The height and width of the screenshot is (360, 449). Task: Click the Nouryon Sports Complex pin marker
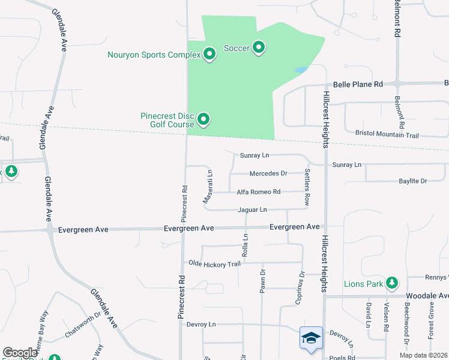pos(209,55)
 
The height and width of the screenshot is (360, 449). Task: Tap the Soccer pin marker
pos(259,47)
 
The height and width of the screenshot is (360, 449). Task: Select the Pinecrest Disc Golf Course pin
pos(203,120)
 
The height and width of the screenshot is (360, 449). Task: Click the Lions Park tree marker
pos(392,282)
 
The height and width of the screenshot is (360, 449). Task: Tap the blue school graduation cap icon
pos(312,338)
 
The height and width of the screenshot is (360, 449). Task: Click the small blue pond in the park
pos(301,70)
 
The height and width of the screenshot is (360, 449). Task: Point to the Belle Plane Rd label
pos(358,85)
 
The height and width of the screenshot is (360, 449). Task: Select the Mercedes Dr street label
pos(268,173)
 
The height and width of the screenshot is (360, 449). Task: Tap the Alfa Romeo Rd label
pos(259,192)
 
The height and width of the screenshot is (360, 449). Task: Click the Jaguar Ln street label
pos(252,209)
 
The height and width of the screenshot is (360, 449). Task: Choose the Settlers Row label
pos(307,188)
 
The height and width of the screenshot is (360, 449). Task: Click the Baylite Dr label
pos(412,181)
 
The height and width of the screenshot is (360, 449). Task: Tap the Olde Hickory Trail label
pos(214,263)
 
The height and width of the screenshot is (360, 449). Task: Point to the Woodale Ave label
pos(427,296)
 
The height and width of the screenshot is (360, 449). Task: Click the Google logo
pos(20,353)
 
